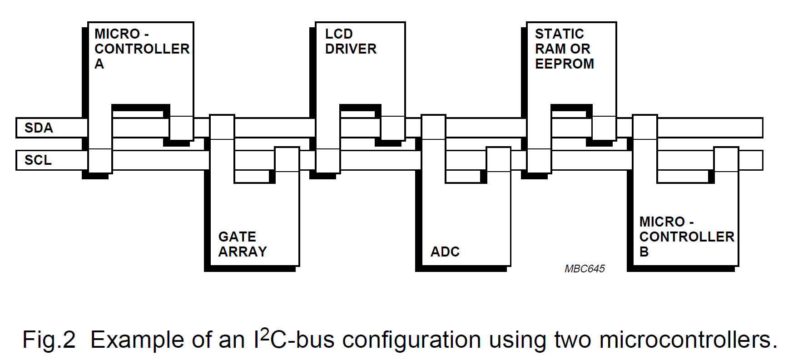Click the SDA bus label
(39, 128)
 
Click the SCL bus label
(38, 160)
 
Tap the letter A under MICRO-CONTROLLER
(99, 64)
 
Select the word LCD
(339, 34)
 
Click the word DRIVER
(351, 49)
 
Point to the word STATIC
(559, 34)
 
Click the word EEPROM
(564, 64)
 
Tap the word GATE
(237, 237)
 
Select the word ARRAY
(243, 252)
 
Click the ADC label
(445, 252)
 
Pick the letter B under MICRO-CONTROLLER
(644, 252)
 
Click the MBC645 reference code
(585, 269)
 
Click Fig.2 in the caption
(49, 340)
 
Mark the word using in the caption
(516, 340)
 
